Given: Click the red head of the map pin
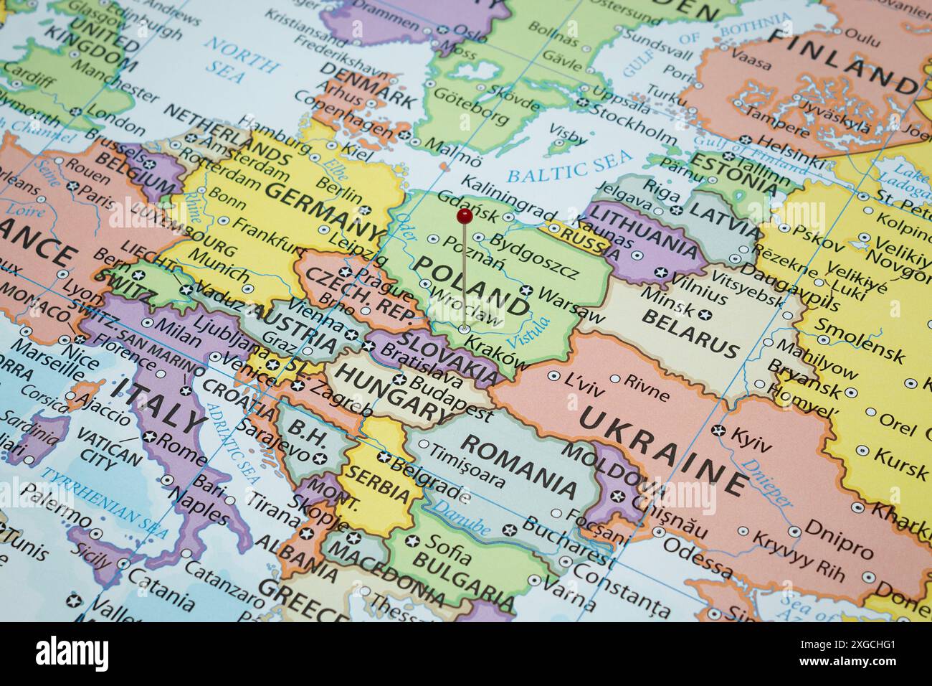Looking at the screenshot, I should tap(464, 215).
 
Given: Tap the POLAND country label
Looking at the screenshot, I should tap(474, 286).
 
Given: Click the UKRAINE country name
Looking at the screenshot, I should tap(664, 449).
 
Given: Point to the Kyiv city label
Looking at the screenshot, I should tap(751, 439).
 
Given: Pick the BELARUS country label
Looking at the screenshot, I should tap(692, 335).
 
